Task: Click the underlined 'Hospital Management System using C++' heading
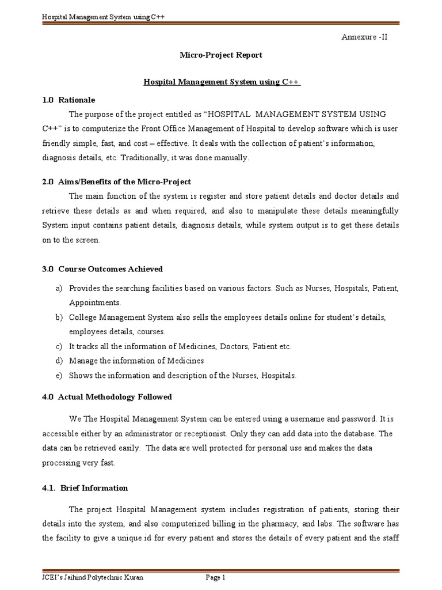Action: click(222, 82)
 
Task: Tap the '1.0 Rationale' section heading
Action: click(68, 100)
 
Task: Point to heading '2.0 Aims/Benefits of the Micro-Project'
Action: click(116, 182)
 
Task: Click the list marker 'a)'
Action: click(59, 288)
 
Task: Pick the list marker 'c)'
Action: click(59, 346)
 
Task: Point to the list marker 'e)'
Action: click(59, 375)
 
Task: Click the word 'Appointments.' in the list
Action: click(95, 302)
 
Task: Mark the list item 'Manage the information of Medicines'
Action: click(136, 361)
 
